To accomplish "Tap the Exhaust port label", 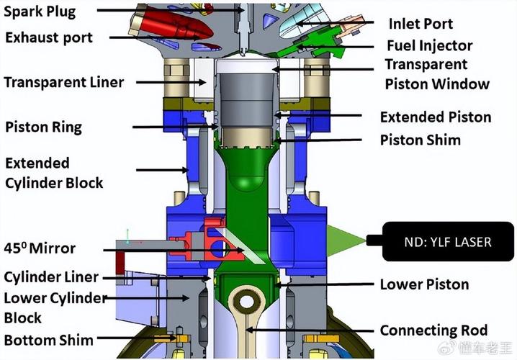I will click(48, 36).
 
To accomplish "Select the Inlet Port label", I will click(421, 23).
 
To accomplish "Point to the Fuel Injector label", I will click(429, 45).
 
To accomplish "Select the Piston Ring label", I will click(43, 127).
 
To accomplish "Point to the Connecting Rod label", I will click(433, 330).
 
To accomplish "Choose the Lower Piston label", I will click(424, 284).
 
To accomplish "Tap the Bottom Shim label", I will click(48, 339).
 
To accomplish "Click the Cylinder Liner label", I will click(51, 277).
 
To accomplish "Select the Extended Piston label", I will click(435, 117).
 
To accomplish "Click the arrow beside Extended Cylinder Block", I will click(161, 171).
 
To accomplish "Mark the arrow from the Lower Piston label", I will click(324, 285).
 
